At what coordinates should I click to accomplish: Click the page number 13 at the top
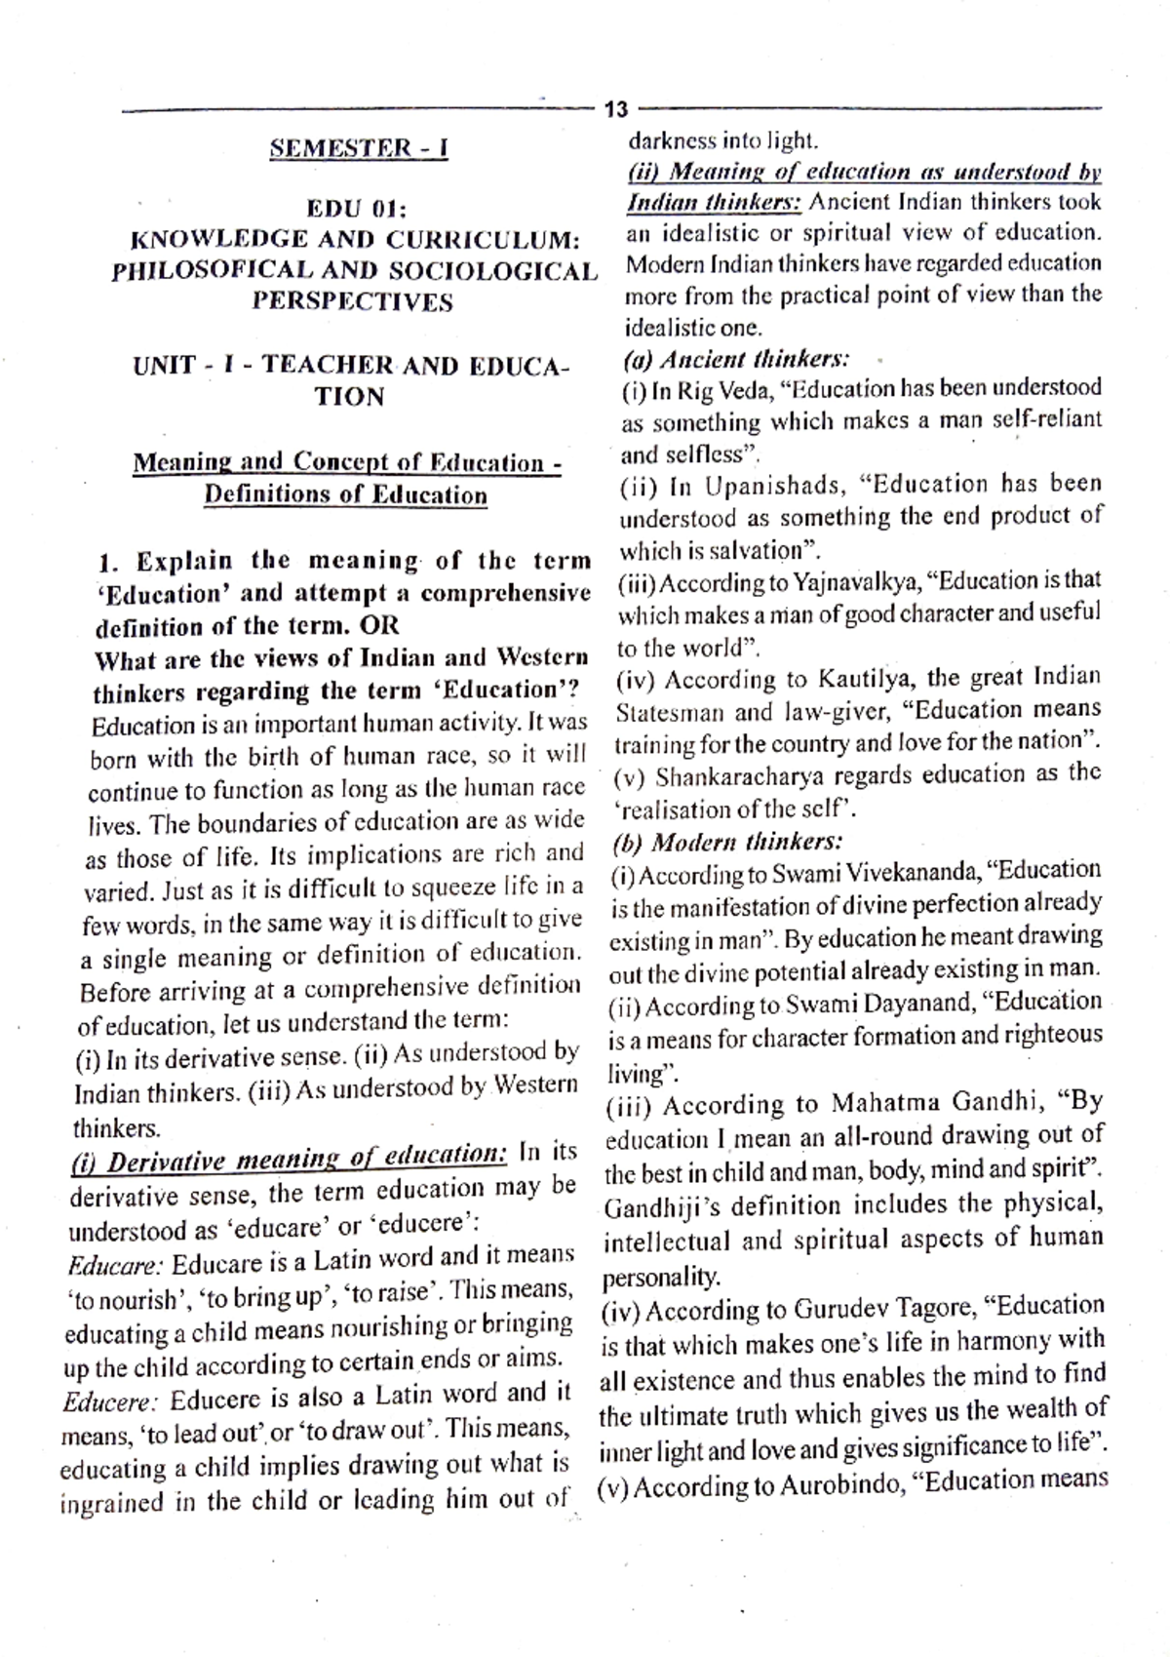(x=617, y=110)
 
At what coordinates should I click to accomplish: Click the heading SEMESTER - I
(x=358, y=149)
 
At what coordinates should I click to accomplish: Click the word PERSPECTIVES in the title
(x=353, y=301)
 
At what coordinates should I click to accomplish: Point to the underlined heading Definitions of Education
(x=345, y=494)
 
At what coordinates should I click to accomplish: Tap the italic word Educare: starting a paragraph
(x=114, y=1266)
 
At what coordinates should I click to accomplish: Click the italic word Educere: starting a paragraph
(x=109, y=1402)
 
